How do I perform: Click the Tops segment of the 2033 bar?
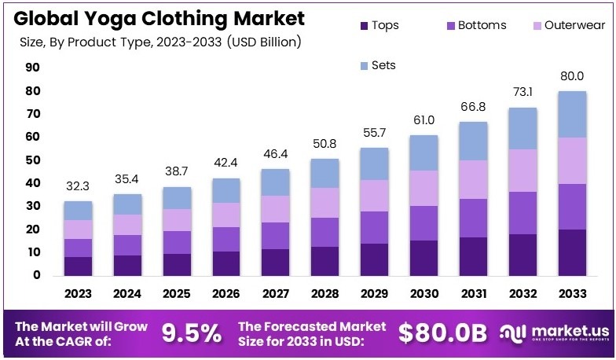[x=572, y=252]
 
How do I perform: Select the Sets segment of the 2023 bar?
[x=79, y=211]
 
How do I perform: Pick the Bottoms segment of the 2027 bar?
[x=275, y=236]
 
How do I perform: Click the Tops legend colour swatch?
[x=363, y=26]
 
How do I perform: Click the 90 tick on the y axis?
[x=32, y=68]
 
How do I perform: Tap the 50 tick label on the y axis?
[x=32, y=160]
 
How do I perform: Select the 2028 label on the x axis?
[x=324, y=293]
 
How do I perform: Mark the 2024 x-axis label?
[x=127, y=293]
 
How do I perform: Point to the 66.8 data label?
[x=473, y=108]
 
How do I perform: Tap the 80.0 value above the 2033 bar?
[x=572, y=76]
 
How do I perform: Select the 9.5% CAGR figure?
[x=192, y=333]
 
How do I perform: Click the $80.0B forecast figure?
[x=444, y=333]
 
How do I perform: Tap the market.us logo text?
[x=561, y=330]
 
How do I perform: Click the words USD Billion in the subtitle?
[x=263, y=40]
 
